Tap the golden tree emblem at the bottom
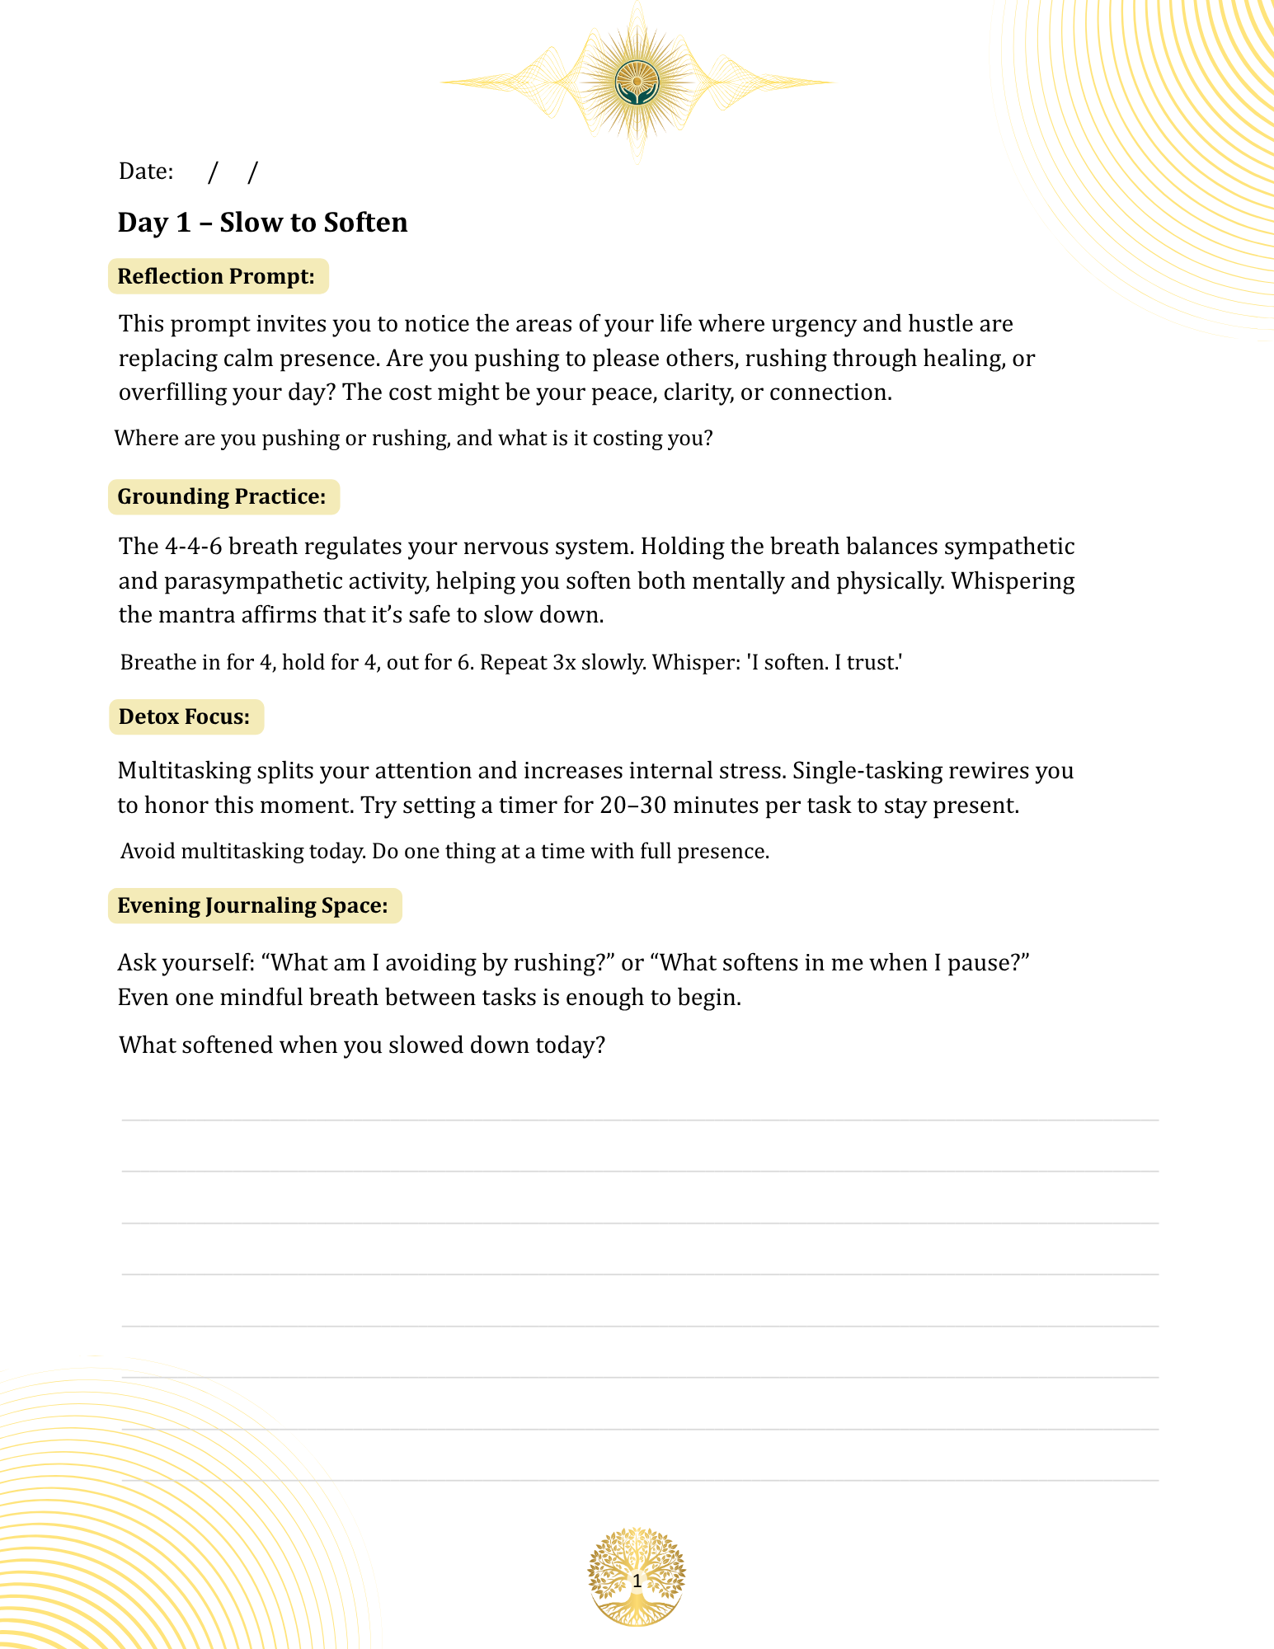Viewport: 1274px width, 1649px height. pyautogui.click(x=637, y=1578)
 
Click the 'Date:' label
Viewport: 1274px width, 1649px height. pyautogui.click(x=146, y=171)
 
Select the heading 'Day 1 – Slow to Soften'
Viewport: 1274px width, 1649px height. pyautogui.click(x=262, y=223)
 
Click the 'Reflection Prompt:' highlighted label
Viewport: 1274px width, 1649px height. pyautogui.click(x=217, y=276)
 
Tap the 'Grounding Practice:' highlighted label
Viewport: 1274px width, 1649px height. pyautogui.click(x=223, y=496)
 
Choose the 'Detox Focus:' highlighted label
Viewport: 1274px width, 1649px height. pyautogui.click(x=185, y=716)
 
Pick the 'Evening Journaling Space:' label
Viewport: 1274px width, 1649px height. pyautogui.click(x=253, y=905)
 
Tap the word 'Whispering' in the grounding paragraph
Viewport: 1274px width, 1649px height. pyautogui.click(x=1013, y=581)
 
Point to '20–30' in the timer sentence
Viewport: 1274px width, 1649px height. pyautogui.click(x=632, y=806)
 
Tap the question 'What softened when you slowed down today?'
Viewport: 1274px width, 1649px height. pyautogui.click(x=362, y=1045)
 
